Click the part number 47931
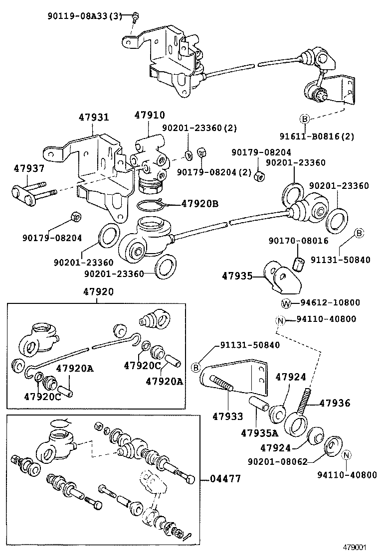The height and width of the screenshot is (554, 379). [93, 118]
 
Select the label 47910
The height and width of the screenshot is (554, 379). [149, 115]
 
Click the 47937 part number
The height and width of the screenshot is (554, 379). [25, 169]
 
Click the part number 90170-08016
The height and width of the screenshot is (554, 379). [298, 241]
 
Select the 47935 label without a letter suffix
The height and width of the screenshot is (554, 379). [238, 276]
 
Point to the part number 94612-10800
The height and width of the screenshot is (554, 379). [330, 303]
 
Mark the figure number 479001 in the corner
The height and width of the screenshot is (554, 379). [359, 547]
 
